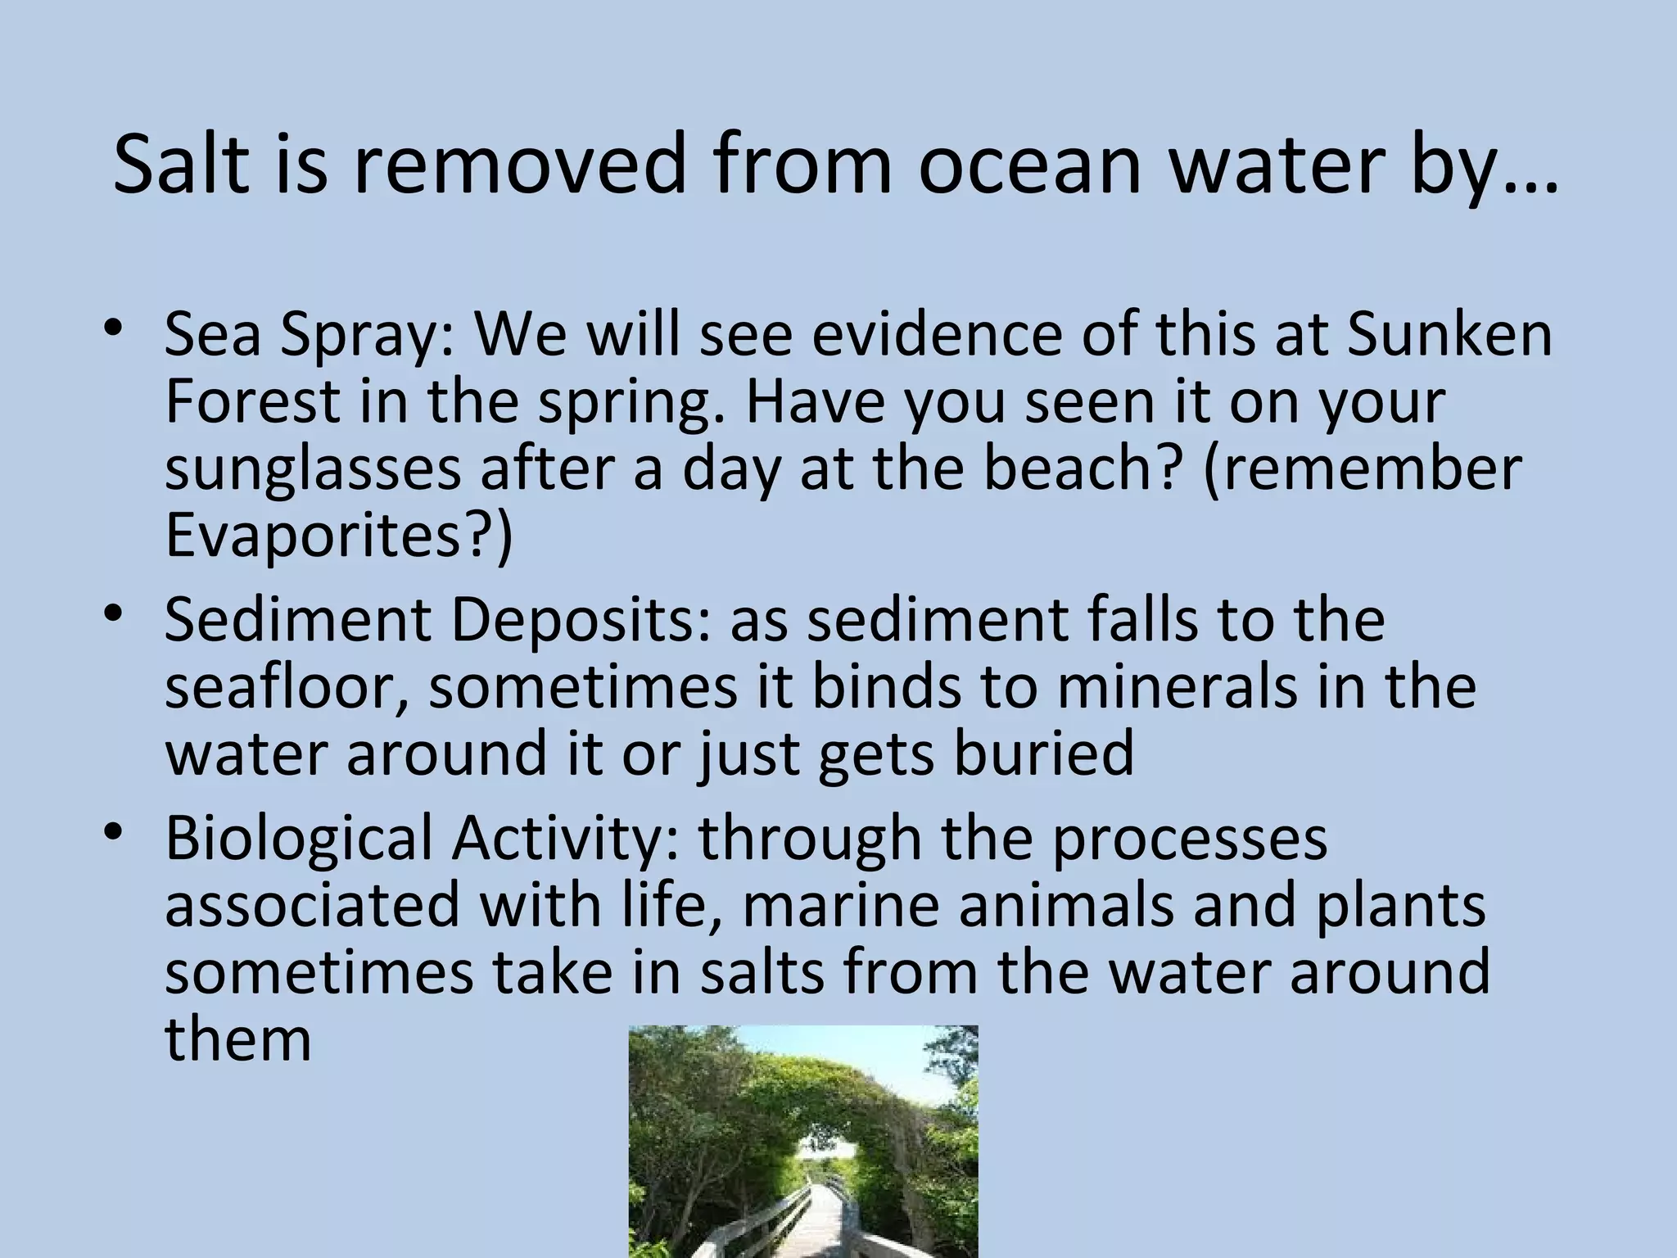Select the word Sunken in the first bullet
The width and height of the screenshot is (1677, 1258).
click(x=1449, y=336)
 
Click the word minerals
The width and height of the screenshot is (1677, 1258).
click(x=1178, y=686)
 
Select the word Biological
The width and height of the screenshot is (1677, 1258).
click(x=298, y=839)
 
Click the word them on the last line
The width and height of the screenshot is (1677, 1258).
click(x=237, y=1039)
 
